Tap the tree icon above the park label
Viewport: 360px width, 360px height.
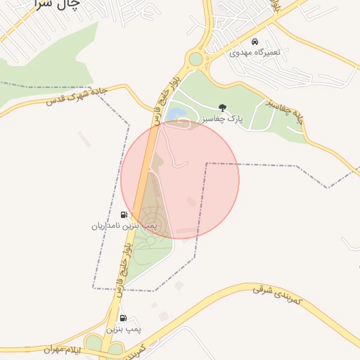(x=223, y=108)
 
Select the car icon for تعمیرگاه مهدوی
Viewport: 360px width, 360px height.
(x=255, y=41)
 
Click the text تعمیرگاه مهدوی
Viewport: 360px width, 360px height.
(x=255, y=53)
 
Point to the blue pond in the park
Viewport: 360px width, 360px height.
(x=174, y=113)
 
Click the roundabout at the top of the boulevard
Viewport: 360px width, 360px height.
(x=195, y=59)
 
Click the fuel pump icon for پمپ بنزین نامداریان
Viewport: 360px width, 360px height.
(x=124, y=215)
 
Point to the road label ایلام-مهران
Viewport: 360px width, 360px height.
(x=63, y=349)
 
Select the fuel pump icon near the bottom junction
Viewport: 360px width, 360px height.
(x=124, y=318)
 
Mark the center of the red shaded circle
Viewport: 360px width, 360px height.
(x=180, y=180)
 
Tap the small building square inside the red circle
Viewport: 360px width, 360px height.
(x=191, y=202)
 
